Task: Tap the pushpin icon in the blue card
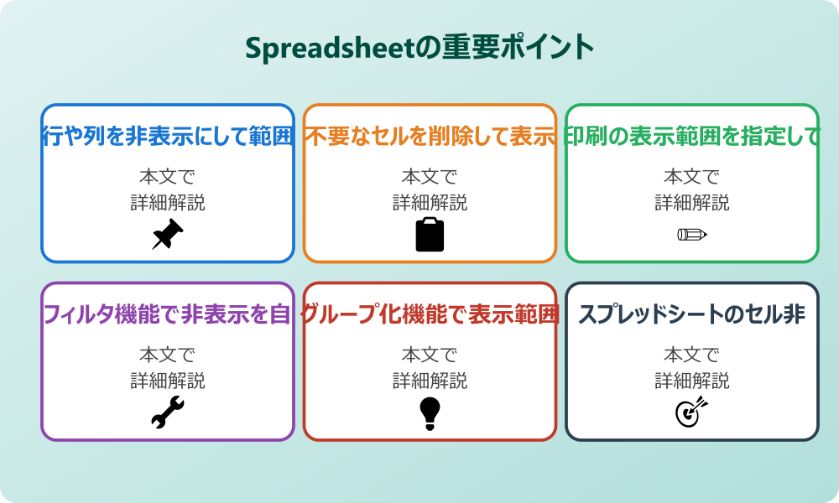(167, 235)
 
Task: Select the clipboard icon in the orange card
(430, 235)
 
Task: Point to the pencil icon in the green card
(692, 234)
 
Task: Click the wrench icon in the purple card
(167, 412)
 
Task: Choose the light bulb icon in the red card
(430, 412)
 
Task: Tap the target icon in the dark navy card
(692, 412)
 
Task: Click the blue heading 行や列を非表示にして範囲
(167, 137)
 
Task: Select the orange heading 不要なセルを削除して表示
(430, 137)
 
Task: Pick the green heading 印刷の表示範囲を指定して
(692, 137)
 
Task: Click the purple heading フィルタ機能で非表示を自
(167, 315)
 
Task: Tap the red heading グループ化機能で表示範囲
(430, 315)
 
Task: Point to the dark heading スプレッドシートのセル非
(692, 315)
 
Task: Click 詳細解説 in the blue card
(167, 202)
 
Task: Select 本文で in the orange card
(430, 177)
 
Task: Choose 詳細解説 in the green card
(692, 202)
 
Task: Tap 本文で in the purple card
(167, 355)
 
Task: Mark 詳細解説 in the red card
(430, 381)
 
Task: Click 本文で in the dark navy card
(692, 355)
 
